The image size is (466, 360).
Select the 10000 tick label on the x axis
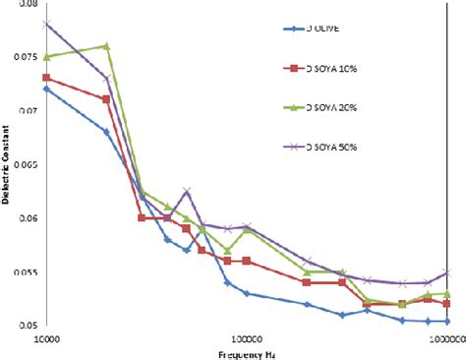click(46, 336)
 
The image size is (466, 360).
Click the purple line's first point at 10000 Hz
click(46, 24)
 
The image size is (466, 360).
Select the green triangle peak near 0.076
click(106, 46)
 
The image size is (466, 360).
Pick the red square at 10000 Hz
click(46, 78)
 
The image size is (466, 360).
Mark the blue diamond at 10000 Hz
click(46, 89)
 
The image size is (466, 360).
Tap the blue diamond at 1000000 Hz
click(447, 321)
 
